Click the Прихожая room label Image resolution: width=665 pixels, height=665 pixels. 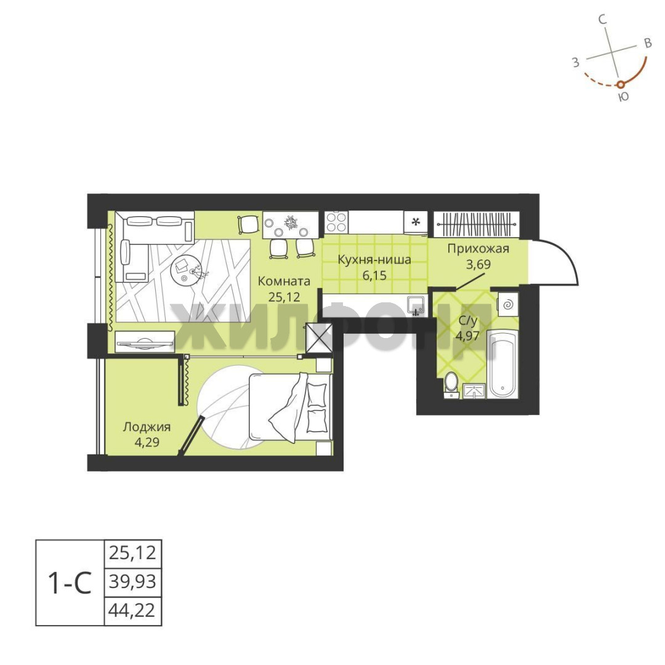pyautogui.click(x=478, y=249)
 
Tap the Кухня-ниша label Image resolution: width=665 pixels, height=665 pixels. pyautogui.click(x=374, y=259)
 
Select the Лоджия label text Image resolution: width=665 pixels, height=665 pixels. pyautogui.click(x=147, y=427)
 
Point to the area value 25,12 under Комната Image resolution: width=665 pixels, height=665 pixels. pyautogui.click(x=284, y=296)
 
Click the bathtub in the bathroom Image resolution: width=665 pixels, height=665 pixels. pyautogui.click(x=502, y=363)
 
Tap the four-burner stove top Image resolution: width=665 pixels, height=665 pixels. pyautogui.click(x=336, y=222)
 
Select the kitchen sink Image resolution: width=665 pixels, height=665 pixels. pyautogui.click(x=416, y=305)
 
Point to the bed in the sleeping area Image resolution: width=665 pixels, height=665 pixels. pyautogui.click(x=290, y=407)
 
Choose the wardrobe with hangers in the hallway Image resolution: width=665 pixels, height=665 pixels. pyautogui.click(x=476, y=224)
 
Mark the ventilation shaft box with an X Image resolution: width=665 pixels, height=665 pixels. pyautogui.click(x=319, y=338)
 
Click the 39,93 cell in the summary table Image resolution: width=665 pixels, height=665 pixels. pyautogui.click(x=133, y=582)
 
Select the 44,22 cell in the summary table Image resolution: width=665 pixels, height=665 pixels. pyautogui.click(x=133, y=611)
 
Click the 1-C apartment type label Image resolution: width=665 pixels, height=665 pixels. pyautogui.click(x=70, y=582)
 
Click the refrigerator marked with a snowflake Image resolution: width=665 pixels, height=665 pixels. pyautogui.click(x=416, y=222)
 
